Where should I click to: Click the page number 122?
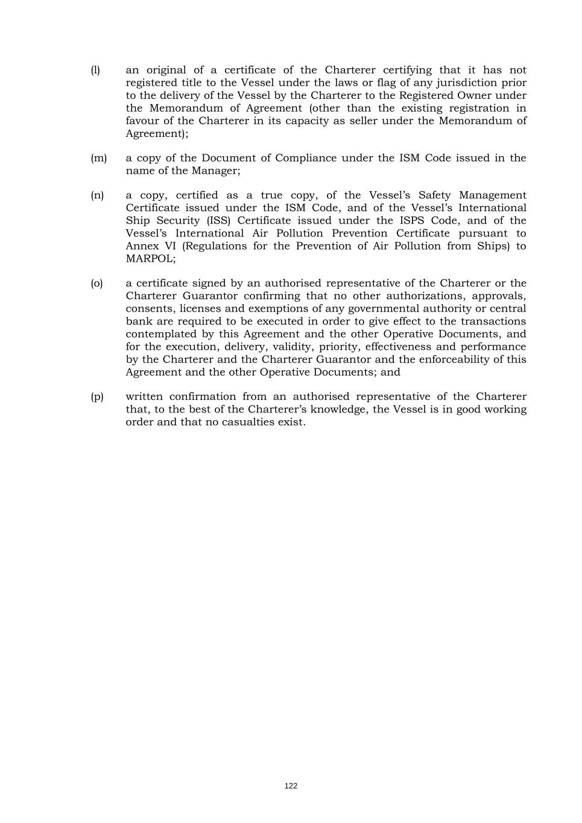point(291,786)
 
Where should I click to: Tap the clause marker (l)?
point(95,70)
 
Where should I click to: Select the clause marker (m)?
point(98,158)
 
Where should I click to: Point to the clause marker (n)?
point(97,195)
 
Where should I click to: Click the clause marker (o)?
point(97,283)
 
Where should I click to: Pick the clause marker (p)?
point(97,397)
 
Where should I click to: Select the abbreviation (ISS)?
point(218,221)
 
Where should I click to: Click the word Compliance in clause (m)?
point(306,158)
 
